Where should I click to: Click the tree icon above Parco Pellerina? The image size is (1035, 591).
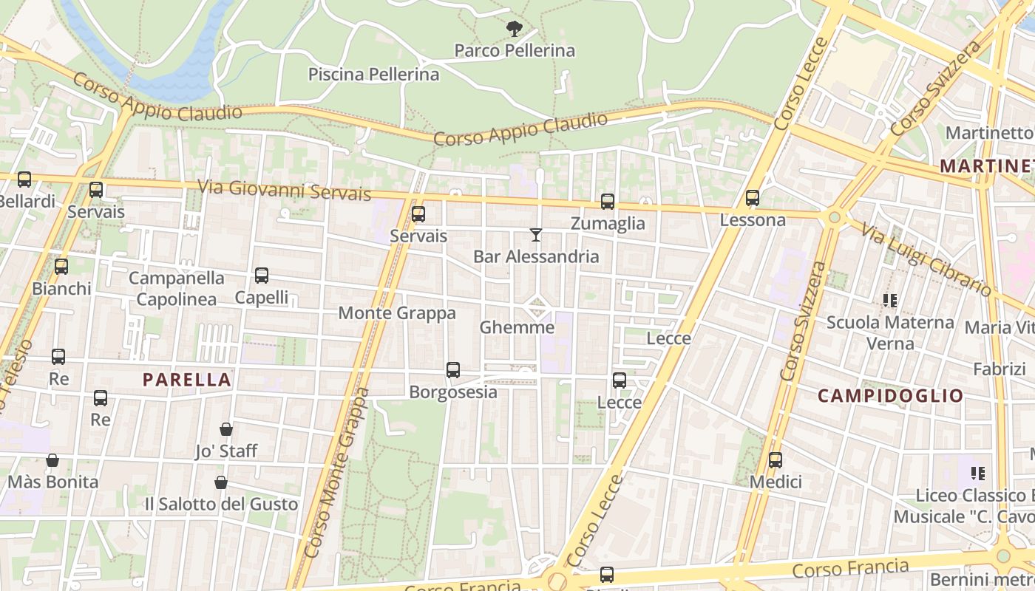point(515,29)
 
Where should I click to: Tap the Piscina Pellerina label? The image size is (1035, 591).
point(373,74)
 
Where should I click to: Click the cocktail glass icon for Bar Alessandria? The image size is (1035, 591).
point(536,235)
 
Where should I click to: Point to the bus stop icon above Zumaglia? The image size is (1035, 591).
point(608,201)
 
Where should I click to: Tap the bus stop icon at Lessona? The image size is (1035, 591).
point(753,198)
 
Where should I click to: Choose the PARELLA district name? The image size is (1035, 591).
point(187,380)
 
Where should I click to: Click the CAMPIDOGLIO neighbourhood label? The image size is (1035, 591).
point(890,395)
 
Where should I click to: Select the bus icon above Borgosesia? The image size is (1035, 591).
point(453,370)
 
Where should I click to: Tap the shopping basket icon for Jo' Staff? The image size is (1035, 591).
point(226,429)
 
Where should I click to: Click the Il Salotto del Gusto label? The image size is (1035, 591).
point(221,504)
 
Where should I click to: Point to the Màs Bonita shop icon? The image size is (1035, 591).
point(52,460)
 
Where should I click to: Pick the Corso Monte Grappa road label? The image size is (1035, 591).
point(337,473)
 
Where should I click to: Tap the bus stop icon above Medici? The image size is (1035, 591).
point(776,460)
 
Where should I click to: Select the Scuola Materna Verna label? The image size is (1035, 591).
point(890,332)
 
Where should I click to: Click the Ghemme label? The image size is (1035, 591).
point(517,327)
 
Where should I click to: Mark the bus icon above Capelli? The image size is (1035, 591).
point(262,276)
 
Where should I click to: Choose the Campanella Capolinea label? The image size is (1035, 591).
point(177,288)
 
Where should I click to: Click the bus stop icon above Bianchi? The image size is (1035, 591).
point(61,267)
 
